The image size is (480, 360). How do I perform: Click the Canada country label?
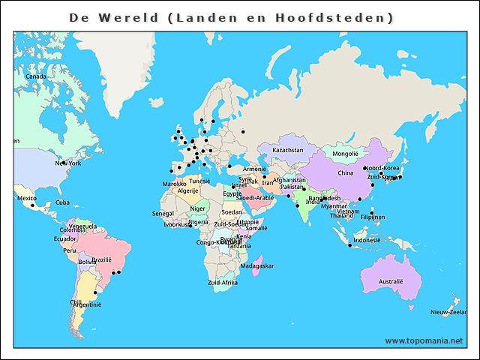[x=36, y=76]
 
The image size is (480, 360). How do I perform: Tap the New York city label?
[x=68, y=163]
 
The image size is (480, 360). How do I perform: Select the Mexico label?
[x=26, y=199]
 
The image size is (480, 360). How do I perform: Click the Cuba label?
[x=63, y=202]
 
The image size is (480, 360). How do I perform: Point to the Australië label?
[x=391, y=282]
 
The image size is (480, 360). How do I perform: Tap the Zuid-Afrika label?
[x=223, y=283]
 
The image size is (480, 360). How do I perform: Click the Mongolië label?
[x=346, y=154]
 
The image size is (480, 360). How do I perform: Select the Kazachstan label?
[x=288, y=150]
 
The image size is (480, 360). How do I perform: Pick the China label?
[x=345, y=173]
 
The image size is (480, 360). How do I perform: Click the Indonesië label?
[x=367, y=241]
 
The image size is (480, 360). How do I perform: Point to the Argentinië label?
[x=87, y=305]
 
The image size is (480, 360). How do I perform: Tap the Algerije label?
[x=187, y=191]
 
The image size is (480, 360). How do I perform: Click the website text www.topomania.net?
[x=424, y=340]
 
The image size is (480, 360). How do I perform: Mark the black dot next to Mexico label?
[x=32, y=205]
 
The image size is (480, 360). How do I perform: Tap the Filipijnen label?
[x=372, y=217]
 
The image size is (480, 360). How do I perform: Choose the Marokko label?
[x=174, y=184]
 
